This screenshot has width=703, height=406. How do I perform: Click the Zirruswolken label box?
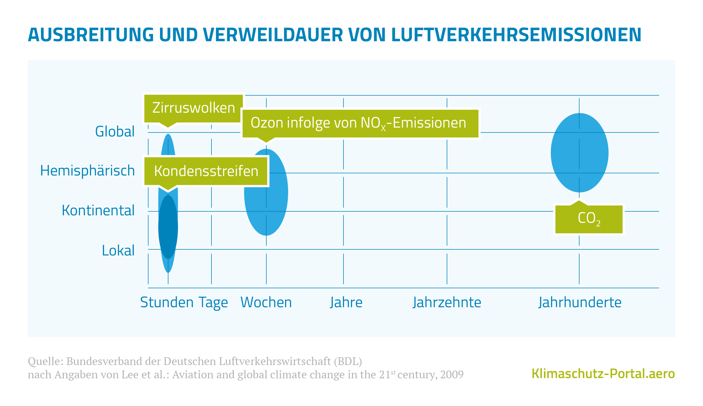pyautogui.click(x=193, y=108)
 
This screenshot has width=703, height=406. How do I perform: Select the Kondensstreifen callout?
pyautogui.click(x=206, y=171)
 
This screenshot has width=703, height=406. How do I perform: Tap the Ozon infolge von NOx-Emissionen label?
pyautogui.click(x=360, y=123)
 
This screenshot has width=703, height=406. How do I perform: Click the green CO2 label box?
pyautogui.click(x=589, y=219)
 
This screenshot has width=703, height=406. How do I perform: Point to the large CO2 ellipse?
pyautogui.click(x=579, y=153)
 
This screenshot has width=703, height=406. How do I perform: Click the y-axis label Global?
pyautogui.click(x=115, y=132)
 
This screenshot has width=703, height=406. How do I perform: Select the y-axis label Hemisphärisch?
pyautogui.click(x=87, y=171)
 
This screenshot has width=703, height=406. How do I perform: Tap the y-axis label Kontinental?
pyautogui.click(x=98, y=211)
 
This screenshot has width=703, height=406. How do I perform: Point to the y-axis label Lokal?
pyautogui.click(x=118, y=250)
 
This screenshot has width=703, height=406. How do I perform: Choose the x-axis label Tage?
pyautogui.click(x=213, y=302)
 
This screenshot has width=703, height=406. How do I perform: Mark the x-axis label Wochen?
pyautogui.click(x=266, y=302)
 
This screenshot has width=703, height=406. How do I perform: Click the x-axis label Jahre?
pyautogui.click(x=346, y=302)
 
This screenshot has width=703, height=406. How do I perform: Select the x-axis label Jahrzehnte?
pyautogui.click(x=447, y=302)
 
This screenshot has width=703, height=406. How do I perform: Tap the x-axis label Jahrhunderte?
pyautogui.click(x=580, y=302)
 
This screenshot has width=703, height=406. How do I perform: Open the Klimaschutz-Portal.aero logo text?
pyautogui.click(x=603, y=374)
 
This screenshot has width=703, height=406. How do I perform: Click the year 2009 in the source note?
pyautogui.click(x=452, y=375)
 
